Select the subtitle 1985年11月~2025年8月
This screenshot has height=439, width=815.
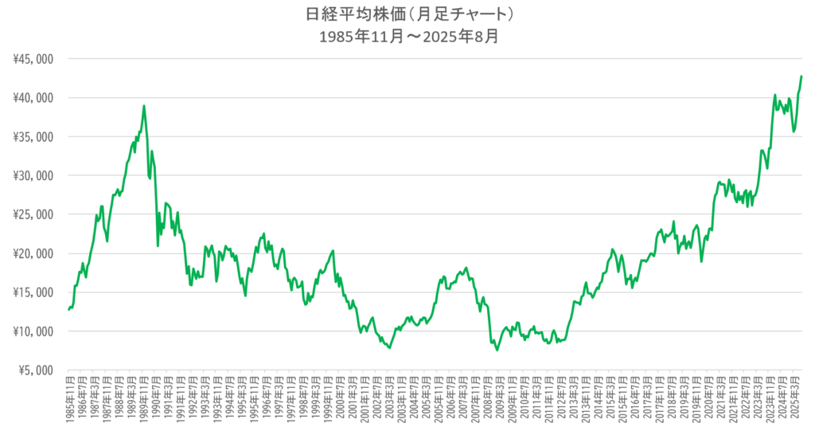[x=407, y=37]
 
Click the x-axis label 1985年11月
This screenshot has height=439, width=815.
[x=69, y=402]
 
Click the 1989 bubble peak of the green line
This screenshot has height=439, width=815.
[x=144, y=105]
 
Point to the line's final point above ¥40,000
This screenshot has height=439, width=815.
[x=801, y=76]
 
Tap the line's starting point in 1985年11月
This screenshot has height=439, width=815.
[x=69, y=309]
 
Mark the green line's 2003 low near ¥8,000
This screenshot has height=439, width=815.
[x=390, y=348]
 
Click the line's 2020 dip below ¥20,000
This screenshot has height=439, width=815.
[x=701, y=261]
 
